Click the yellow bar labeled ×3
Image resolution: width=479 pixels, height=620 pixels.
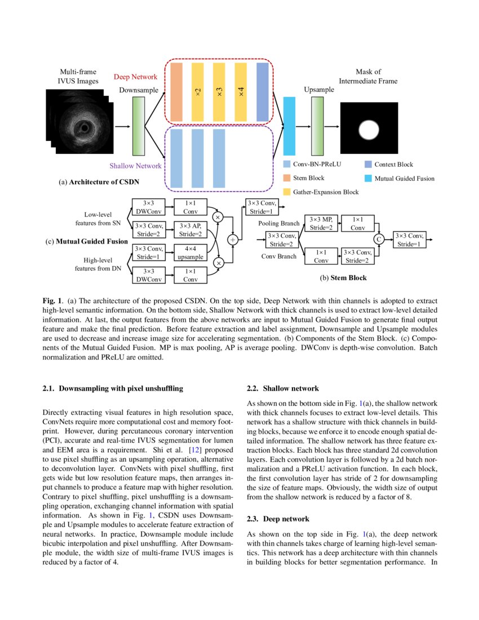219,92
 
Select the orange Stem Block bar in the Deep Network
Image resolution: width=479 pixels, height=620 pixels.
176,92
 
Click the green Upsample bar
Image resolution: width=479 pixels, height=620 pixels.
318,126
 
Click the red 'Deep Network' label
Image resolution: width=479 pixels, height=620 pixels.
136,77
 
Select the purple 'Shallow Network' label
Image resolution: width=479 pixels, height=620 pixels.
135,166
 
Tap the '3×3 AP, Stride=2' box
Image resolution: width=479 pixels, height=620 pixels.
190,229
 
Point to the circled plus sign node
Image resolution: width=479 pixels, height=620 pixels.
232,240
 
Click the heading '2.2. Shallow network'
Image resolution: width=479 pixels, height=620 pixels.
283,388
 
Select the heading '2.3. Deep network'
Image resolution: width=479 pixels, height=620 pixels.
278,518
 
